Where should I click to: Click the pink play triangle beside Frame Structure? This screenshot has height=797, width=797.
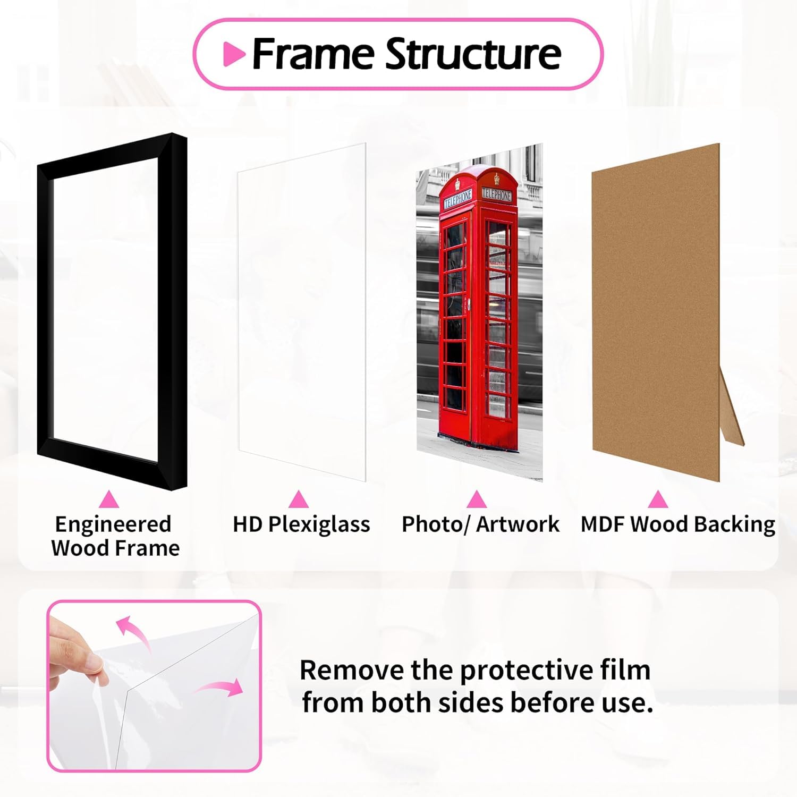[x=233, y=54]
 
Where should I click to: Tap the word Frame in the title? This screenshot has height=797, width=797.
[x=313, y=54]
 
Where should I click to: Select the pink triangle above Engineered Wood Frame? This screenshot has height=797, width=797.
[x=109, y=500]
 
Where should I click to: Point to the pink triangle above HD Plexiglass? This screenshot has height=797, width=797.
[x=299, y=500]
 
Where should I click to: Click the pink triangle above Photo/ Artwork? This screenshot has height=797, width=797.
[x=477, y=500]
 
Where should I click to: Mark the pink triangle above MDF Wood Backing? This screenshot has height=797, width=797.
[x=658, y=500]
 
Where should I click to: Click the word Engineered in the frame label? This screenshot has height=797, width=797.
[x=113, y=524]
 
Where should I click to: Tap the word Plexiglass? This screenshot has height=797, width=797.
[x=319, y=524]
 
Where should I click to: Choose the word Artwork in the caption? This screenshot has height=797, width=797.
[x=518, y=524]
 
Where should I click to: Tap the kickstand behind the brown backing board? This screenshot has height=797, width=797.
[x=732, y=409]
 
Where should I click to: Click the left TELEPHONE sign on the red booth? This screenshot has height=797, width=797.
[x=458, y=199]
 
